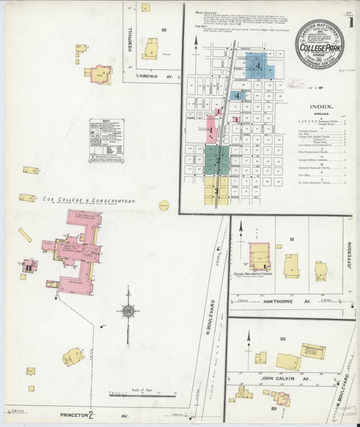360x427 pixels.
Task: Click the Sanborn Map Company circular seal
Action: click(319, 44)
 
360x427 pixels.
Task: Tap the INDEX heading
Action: click(320, 106)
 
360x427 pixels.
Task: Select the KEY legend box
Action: click(109, 140)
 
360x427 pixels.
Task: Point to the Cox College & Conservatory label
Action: click(89, 201)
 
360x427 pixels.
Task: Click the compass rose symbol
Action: click(128, 311)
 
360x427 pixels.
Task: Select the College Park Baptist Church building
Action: click(259, 258)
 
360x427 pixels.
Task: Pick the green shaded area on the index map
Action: click(216, 159)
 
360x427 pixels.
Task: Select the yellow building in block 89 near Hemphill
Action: click(150, 49)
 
